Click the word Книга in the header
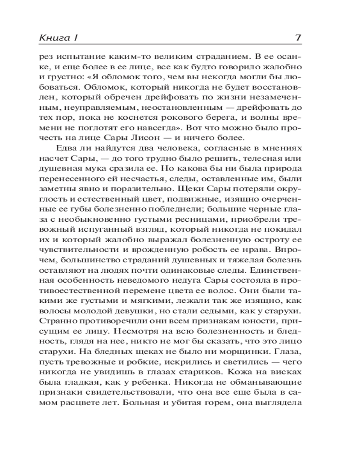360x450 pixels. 49,38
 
